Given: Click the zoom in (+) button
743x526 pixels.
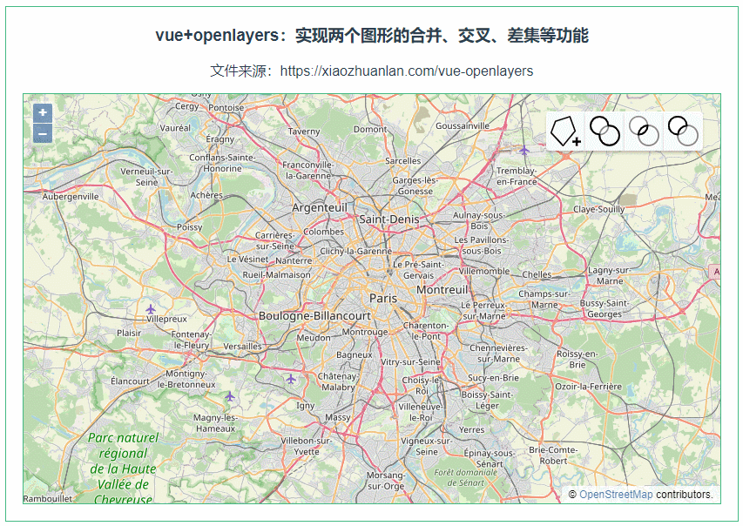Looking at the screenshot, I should pyautogui.click(x=43, y=113).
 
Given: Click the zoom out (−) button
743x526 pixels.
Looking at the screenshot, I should pyautogui.click(x=43, y=133).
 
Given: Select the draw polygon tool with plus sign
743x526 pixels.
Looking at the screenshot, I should pyautogui.click(x=565, y=131).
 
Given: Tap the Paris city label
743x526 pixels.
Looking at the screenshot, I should pyautogui.click(x=382, y=298).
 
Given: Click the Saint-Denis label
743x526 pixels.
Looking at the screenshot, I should pyautogui.click(x=388, y=219).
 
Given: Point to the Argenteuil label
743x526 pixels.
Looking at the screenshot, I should pyautogui.click(x=319, y=207).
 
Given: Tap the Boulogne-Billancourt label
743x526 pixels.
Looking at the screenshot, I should pyautogui.click(x=314, y=315).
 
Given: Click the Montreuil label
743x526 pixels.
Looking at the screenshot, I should pyautogui.click(x=442, y=289).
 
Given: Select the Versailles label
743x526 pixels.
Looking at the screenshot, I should pyautogui.click(x=242, y=346).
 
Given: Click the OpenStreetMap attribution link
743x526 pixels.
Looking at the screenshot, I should pyautogui.click(x=616, y=495).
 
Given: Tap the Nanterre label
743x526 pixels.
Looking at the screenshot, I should pyautogui.click(x=293, y=260).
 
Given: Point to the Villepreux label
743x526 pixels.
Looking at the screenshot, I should pyautogui.click(x=166, y=319).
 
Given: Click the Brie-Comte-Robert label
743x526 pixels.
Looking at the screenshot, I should pyautogui.click(x=553, y=455).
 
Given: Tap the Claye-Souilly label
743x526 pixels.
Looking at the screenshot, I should pyautogui.click(x=598, y=209).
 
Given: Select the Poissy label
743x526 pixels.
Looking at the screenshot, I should pyautogui.click(x=189, y=227).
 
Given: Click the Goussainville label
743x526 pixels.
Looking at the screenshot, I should pyautogui.click(x=463, y=125).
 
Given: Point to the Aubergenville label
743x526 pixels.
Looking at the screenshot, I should pyautogui.click(x=71, y=197).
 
